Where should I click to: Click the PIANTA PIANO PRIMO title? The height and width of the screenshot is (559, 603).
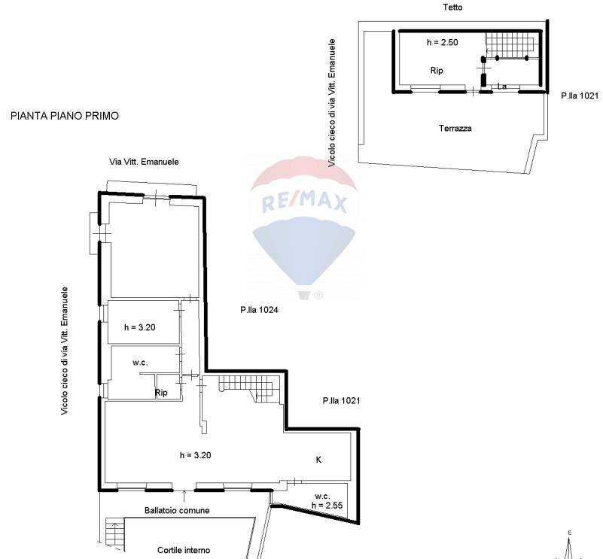65,116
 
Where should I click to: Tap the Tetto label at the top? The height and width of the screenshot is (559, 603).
453,7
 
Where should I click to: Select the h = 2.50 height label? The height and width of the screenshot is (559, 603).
442,43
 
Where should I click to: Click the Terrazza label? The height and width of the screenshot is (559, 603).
455,129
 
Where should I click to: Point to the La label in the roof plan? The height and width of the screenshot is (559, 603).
502,87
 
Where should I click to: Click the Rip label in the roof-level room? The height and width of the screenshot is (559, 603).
437,71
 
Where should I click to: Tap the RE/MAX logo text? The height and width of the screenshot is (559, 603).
303,202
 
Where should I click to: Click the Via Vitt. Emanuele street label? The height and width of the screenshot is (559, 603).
145,162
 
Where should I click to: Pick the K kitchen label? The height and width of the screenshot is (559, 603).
318,459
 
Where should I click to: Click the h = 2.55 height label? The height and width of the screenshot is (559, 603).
328,506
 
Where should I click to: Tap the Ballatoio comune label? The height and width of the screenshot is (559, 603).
177,510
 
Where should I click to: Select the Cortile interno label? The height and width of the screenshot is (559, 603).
184,550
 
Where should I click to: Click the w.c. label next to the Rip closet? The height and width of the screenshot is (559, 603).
140,363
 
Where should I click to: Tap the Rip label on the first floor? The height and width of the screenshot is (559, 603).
161,393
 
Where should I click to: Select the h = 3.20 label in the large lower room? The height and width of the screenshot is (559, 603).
196,455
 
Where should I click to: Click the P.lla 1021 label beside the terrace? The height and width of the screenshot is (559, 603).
580,96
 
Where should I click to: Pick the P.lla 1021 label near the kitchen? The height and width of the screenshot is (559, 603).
341,401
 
